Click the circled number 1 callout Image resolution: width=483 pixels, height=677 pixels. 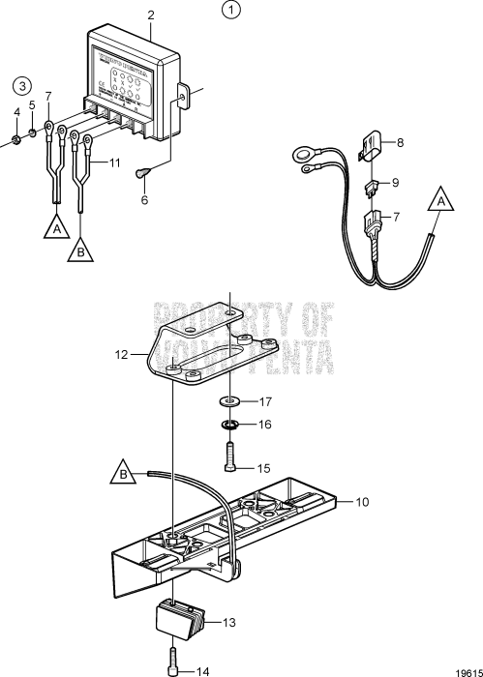point(229,12)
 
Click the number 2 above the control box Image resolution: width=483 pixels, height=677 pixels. point(150,15)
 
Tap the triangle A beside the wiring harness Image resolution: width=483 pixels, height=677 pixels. point(442,202)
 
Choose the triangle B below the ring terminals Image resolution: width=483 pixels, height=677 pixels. point(80,252)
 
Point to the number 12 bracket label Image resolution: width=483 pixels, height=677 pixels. point(121,356)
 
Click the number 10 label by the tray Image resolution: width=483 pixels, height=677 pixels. point(363,502)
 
